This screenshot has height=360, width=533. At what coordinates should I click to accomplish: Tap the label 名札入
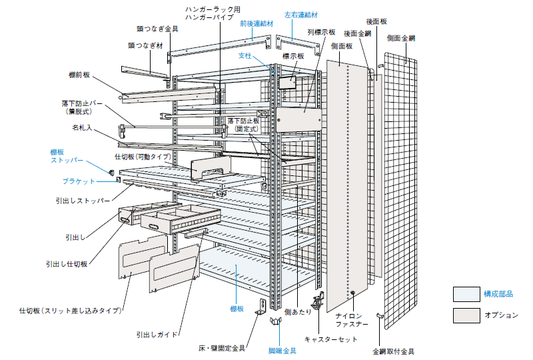point(81,126)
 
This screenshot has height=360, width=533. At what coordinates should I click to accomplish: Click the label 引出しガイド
point(157,334)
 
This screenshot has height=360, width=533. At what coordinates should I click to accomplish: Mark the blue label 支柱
point(245,56)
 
